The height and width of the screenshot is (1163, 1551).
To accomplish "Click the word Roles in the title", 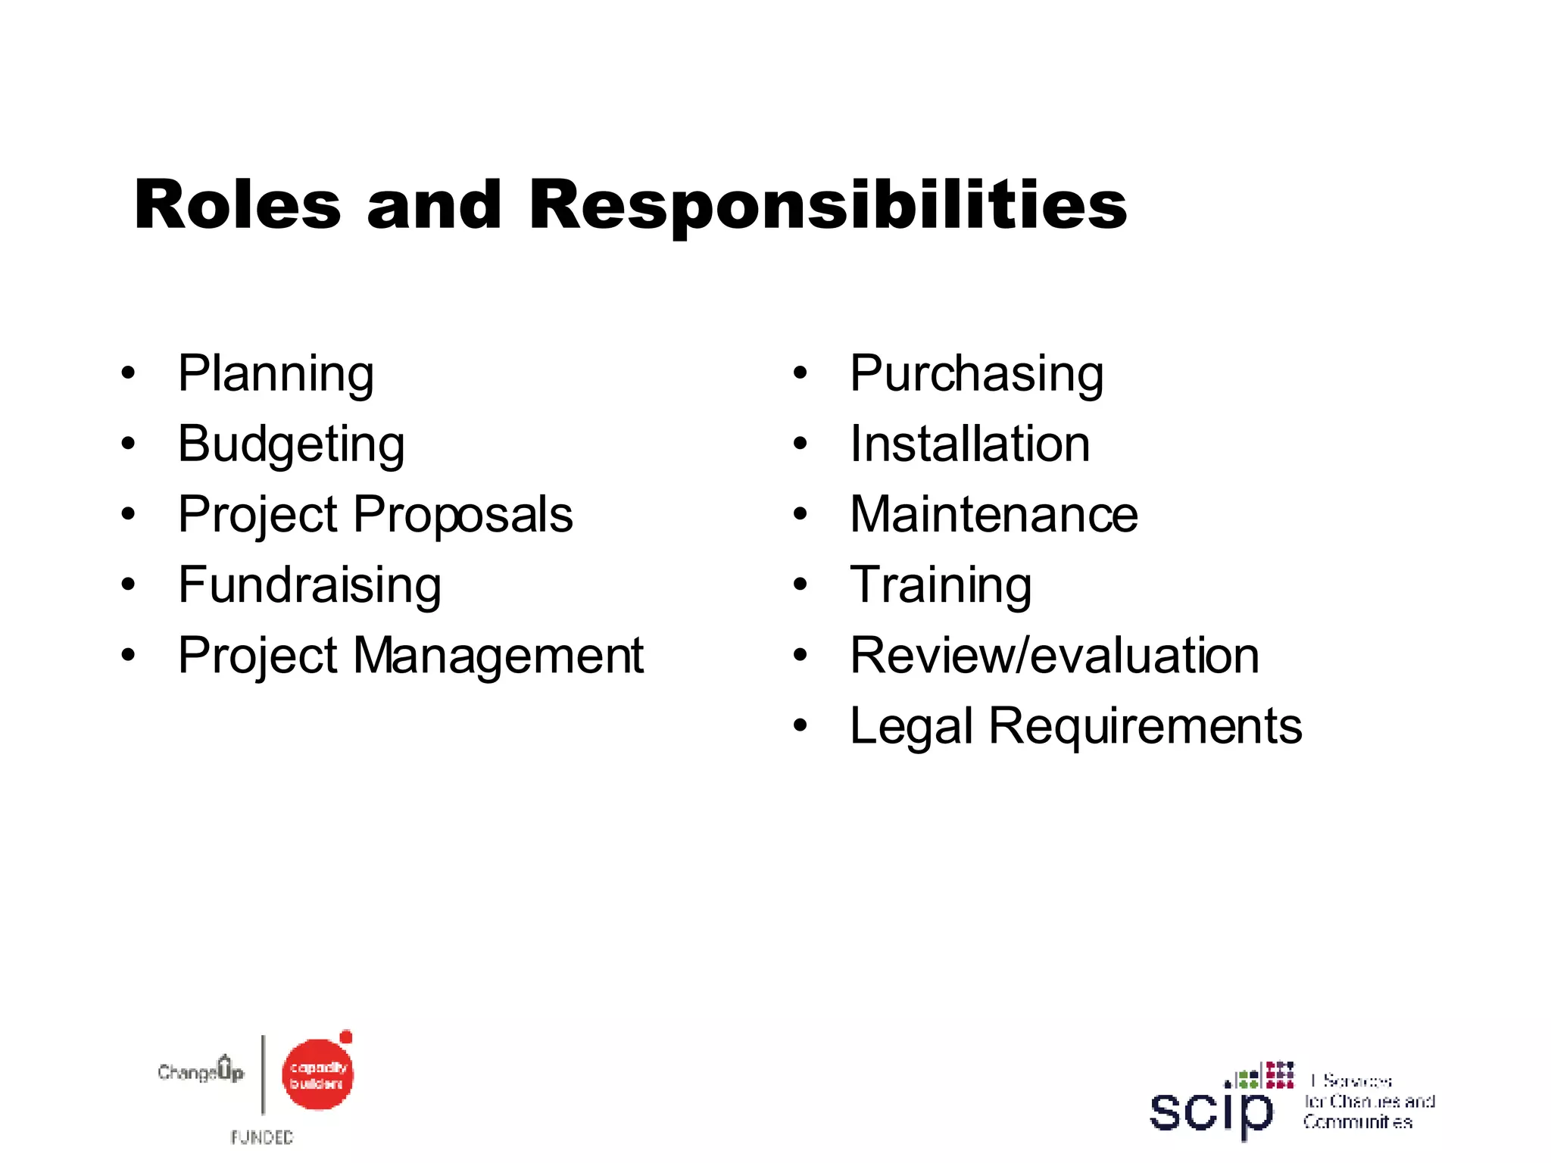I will pyautogui.click(x=237, y=205).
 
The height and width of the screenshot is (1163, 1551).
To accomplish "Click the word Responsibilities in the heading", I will pyautogui.click(x=828, y=207).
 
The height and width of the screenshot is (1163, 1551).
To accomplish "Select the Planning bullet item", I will pyautogui.click(x=276, y=373).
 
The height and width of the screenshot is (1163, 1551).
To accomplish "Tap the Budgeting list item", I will pyautogui.click(x=291, y=444).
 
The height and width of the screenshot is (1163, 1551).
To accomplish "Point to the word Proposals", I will pyautogui.click(x=463, y=515).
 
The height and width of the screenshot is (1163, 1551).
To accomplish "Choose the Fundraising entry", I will pyautogui.click(x=310, y=585).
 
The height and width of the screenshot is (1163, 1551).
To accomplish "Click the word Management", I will pyautogui.click(x=498, y=656).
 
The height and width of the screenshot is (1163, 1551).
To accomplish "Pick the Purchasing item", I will pyautogui.click(x=976, y=373).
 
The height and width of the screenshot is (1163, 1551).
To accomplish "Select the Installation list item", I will pyautogui.click(x=969, y=444).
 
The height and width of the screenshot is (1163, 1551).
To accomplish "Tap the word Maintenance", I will pyautogui.click(x=994, y=515).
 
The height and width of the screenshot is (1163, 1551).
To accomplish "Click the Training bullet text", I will pyautogui.click(x=941, y=585).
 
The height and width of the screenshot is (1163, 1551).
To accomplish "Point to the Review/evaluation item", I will pyautogui.click(x=1054, y=656).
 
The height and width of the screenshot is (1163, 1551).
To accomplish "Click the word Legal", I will pyautogui.click(x=910, y=727).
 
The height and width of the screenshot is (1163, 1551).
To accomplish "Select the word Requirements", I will pyautogui.click(x=1145, y=727).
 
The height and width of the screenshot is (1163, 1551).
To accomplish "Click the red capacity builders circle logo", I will pyautogui.click(x=317, y=1074).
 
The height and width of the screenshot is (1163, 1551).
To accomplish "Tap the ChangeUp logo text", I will pyautogui.click(x=201, y=1071).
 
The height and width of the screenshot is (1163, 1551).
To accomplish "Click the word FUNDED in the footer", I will pyautogui.click(x=262, y=1137).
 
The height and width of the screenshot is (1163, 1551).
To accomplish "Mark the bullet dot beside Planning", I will pyautogui.click(x=128, y=373).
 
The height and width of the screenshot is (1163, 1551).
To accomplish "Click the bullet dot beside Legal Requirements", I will pyautogui.click(x=800, y=727).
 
